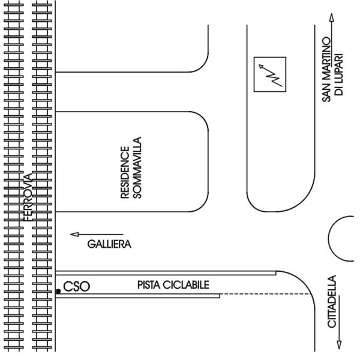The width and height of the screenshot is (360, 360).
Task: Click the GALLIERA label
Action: (x=109, y=244)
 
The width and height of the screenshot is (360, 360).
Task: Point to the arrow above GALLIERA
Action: (x=96, y=235)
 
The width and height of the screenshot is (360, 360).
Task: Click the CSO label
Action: (x=76, y=287)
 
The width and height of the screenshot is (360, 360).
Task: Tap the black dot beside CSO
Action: (x=58, y=291)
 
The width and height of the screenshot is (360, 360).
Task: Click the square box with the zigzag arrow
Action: (x=269, y=74)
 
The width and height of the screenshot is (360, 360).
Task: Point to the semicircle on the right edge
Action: (x=343, y=234)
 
